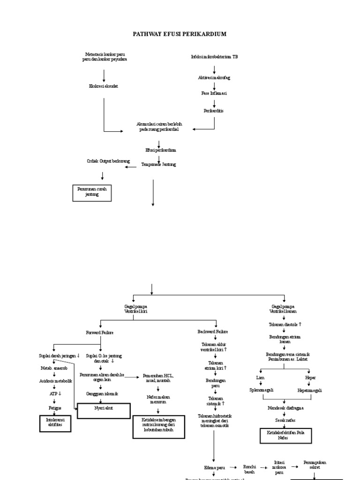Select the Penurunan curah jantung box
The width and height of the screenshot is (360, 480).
[92, 192]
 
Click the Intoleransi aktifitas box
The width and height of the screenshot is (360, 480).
[55, 422]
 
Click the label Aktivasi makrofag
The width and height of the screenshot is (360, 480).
[214, 77]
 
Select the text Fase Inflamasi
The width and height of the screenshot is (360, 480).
[214, 93]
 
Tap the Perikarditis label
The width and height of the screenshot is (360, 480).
[214, 111]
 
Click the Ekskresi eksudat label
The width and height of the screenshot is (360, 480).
[104, 86]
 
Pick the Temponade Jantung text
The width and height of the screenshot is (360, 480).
[159, 165]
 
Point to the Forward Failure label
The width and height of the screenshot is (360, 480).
[100, 332]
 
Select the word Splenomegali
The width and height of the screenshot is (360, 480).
[262, 390]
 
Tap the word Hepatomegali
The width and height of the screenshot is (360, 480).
[310, 390]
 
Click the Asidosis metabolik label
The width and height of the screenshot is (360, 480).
[55, 381]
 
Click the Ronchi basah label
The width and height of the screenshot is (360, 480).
[249, 469]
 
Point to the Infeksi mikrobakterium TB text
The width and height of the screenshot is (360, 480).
[214, 56]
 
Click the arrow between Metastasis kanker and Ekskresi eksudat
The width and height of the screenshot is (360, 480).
[104, 75]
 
